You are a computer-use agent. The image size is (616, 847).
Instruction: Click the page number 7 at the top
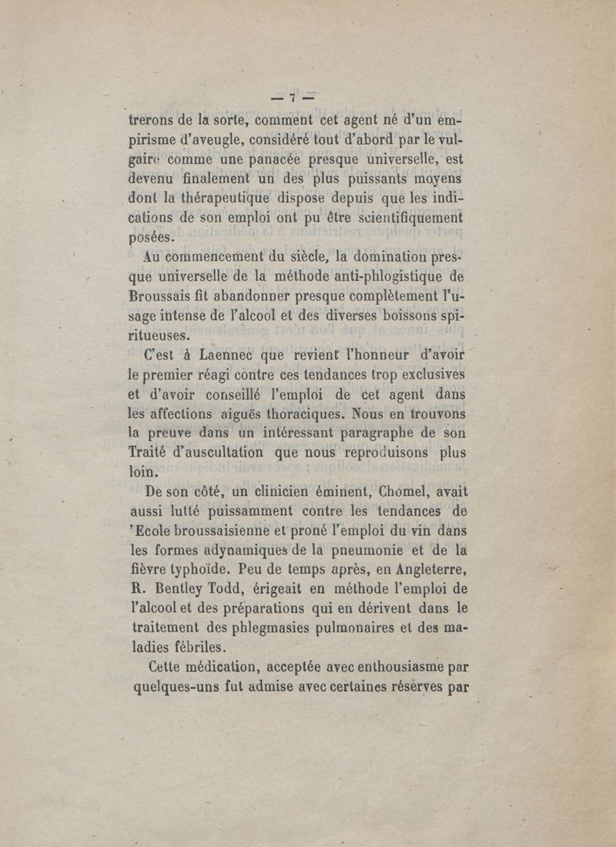click(x=293, y=98)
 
